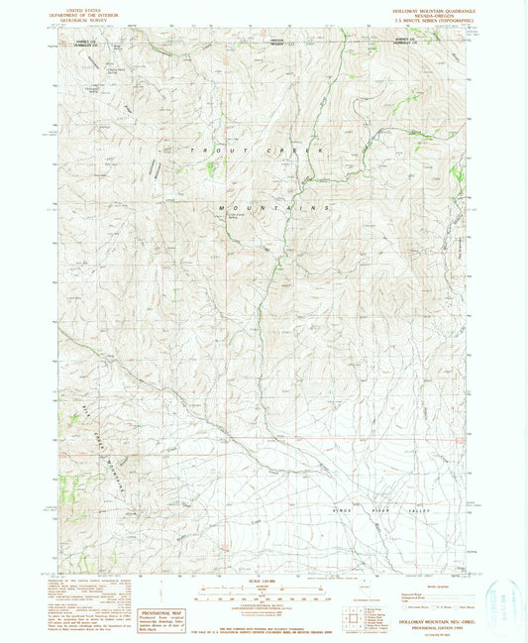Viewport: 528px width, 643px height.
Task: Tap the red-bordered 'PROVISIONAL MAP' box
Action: [162, 617]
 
